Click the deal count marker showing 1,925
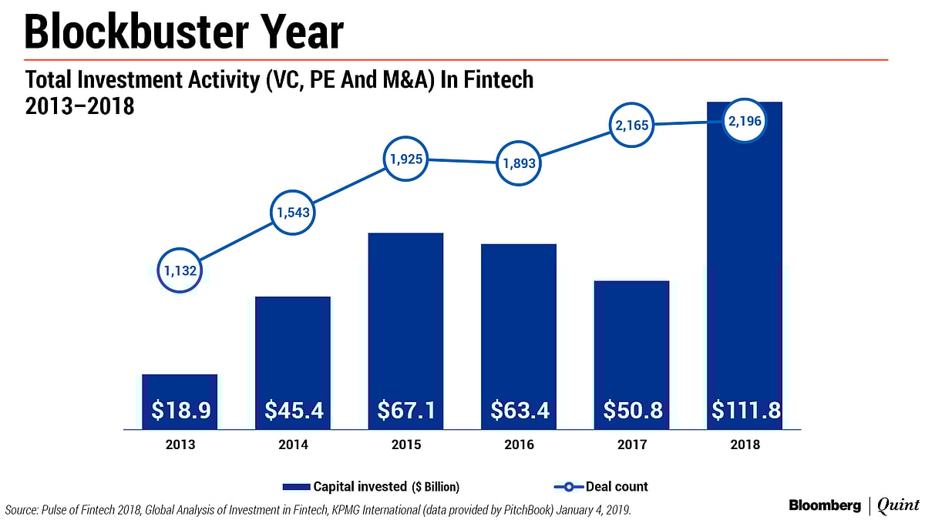tap(405, 159)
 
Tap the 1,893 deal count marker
tap(518, 163)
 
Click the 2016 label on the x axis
tap(518, 445)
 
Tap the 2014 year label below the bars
tap(293, 445)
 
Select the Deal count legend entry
tap(602, 487)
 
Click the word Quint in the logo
tap(898, 505)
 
